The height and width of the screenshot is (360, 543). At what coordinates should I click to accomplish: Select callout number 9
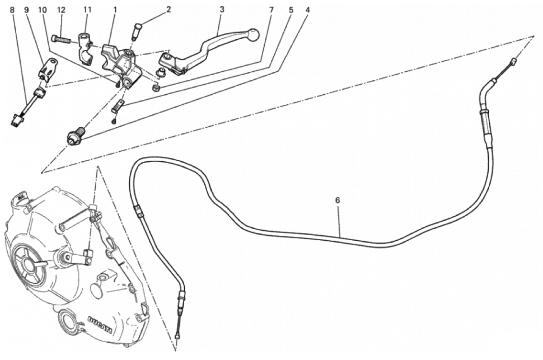[x=27, y=10]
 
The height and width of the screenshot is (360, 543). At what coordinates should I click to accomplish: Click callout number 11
[x=87, y=10]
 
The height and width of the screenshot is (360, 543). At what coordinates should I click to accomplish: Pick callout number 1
[x=115, y=10]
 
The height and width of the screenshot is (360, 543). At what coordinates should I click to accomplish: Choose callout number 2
[x=169, y=10]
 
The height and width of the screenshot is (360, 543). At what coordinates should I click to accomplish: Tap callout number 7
[x=271, y=10]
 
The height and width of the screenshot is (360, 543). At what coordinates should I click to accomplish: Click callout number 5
[x=291, y=10]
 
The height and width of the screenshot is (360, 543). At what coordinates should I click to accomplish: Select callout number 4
[x=307, y=10]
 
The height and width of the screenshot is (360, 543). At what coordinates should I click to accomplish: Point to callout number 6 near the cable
[x=337, y=200]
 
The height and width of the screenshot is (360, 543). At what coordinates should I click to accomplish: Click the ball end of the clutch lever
[x=254, y=34]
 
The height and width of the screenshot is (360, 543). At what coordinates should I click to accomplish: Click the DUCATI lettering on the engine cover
[x=100, y=325]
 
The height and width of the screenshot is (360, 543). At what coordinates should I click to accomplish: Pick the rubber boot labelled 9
[x=48, y=68]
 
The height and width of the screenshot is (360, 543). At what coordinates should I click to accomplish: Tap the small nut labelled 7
[x=155, y=87]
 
